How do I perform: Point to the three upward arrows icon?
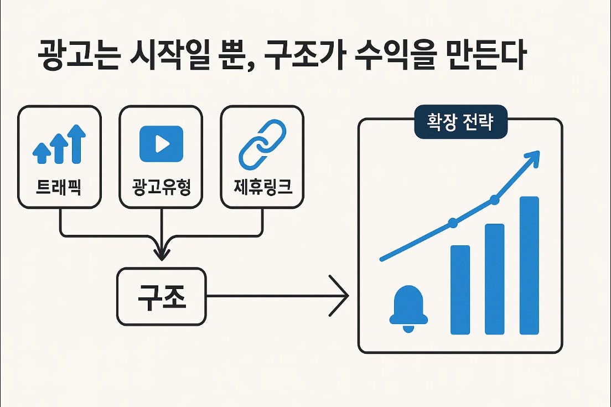coord(60,145)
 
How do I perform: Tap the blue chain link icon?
coord(262,144)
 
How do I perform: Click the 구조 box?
coord(161,296)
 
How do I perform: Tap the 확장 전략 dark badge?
coord(460,121)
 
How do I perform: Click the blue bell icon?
coord(408,309)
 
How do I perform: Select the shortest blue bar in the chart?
coord(460,290)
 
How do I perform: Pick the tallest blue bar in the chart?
coord(529,265)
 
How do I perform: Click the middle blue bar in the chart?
coord(495,279)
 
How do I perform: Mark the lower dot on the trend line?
coord(453,223)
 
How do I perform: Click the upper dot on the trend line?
coord(494,200)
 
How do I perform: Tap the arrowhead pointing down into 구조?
coord(161,254)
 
